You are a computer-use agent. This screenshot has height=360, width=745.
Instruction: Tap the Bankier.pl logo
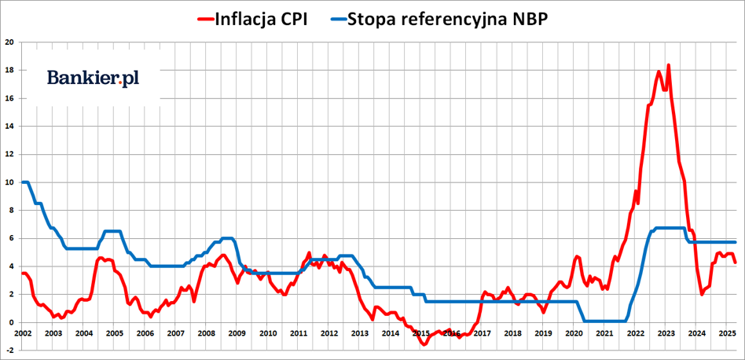[x=93, y=77]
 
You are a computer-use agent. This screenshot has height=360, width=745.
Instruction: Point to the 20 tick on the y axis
[x=9, y=42]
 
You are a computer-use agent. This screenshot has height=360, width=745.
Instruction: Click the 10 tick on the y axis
[x=9, y=182]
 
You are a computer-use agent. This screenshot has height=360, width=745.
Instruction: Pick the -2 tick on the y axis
[x=9, y=351]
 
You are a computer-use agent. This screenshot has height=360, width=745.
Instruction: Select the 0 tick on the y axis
[x=11, y=322]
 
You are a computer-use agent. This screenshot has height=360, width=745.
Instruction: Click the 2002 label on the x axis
[x=23, y=333]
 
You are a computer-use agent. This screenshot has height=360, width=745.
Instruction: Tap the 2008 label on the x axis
[x=207, y=333]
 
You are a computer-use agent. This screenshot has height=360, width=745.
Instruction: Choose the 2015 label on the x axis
[x=421, y=333]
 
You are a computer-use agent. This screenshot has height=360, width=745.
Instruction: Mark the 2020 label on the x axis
[x=574, y=333]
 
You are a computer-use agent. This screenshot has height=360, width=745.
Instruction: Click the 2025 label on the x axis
[x=727, y=333]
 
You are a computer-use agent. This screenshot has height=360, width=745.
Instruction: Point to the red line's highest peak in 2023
[x=668, y=65]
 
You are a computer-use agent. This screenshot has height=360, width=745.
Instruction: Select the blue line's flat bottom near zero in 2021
[x=604, y=321]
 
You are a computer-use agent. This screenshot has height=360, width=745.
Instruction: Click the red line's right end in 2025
[x=735, y=263]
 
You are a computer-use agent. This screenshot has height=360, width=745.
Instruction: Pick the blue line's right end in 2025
[x=735, y=242]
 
